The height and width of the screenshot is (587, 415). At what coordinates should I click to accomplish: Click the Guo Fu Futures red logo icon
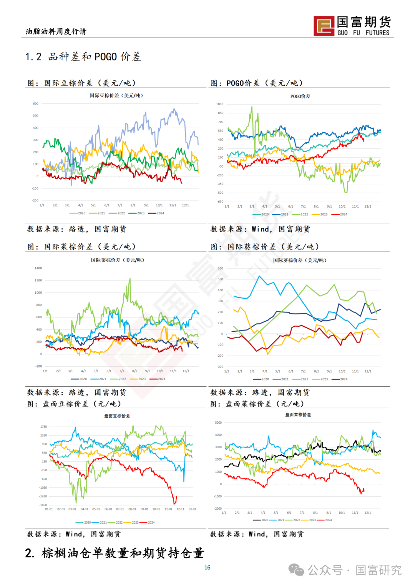click(x=324, y=26)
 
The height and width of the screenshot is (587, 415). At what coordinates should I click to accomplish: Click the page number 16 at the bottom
click(x=207, y=567)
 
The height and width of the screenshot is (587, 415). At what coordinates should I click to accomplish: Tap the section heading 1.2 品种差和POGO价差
click(x=83, y=57)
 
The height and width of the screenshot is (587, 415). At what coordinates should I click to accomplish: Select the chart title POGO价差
click(x=300, y=96)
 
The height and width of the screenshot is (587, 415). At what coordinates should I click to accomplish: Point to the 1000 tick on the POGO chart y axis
click(x=220, y=104)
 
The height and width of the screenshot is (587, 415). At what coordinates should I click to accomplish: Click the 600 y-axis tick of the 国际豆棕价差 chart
click(x=36, y=104)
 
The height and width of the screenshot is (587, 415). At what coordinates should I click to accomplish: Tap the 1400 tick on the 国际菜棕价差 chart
click(x=38, y=268)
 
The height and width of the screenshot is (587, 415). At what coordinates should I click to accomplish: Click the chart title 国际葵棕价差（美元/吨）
click(x=300, y=260)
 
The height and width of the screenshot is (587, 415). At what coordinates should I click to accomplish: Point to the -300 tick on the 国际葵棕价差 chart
click(x=220, y=367)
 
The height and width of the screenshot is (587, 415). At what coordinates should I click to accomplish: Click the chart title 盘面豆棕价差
click(x=117, y=416)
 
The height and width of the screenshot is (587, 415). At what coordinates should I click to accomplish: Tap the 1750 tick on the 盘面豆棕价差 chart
click(x=43, y=427)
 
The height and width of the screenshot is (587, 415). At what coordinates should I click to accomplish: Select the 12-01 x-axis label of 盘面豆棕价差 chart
click(x=180, y=509)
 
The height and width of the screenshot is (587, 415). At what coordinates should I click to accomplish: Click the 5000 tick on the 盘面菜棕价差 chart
click(x=218, y=423)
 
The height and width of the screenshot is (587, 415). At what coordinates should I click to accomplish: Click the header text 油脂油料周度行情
click(x=56, y=32)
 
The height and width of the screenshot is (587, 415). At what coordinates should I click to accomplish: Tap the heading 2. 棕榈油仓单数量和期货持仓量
click(x=115, y=553)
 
